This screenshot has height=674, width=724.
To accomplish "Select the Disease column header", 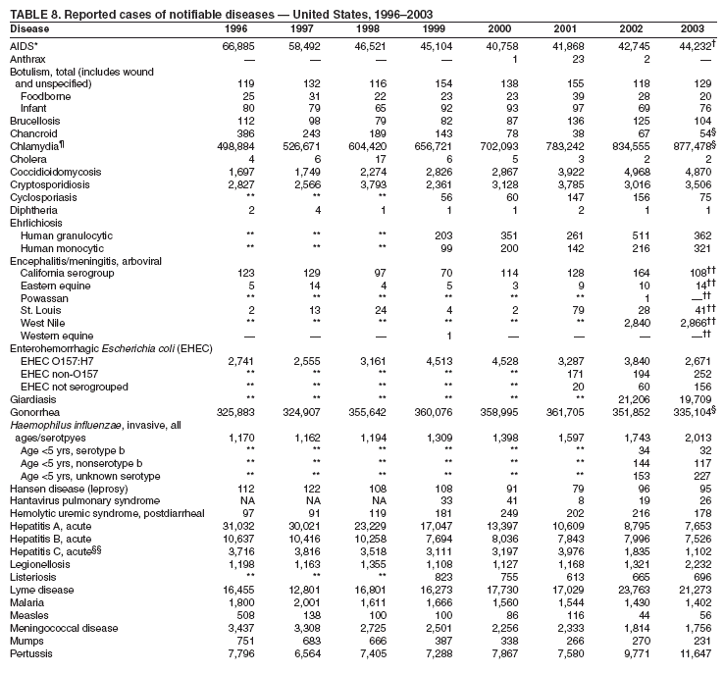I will coord(28,28).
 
